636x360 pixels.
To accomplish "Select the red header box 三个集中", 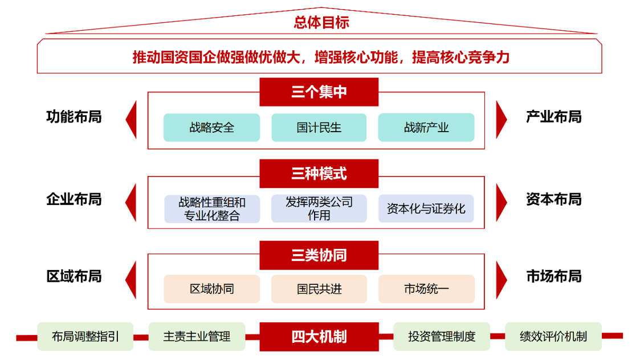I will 319,92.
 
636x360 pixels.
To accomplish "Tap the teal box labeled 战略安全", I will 211,128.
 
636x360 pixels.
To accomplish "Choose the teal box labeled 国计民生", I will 319,128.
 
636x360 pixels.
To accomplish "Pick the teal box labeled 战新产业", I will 426,128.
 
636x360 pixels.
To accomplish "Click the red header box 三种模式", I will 319,174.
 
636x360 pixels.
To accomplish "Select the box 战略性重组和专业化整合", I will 211,209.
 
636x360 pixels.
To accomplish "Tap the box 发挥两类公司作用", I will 319,209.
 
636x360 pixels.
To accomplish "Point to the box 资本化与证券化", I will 426,209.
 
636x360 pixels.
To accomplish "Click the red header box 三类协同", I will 319,255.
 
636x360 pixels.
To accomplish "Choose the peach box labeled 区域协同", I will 211,289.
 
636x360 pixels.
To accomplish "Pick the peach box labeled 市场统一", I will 426,289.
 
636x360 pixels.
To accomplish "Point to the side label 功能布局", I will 74,117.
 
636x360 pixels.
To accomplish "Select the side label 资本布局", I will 553,199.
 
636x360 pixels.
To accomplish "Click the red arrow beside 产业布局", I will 501,120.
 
